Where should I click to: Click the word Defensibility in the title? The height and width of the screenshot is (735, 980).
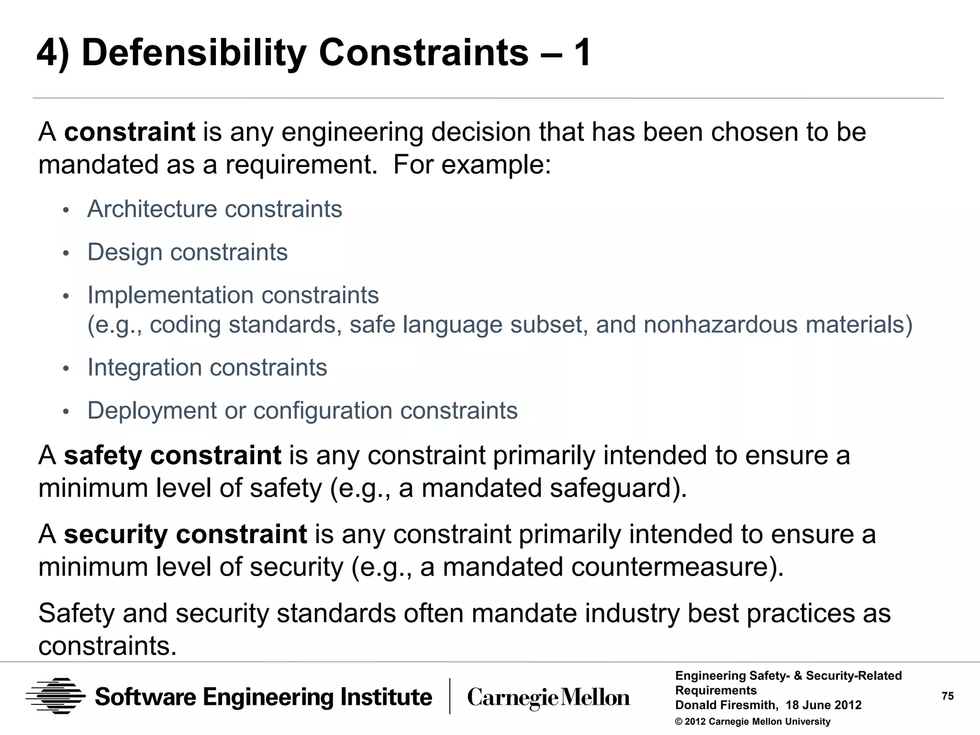(x=194, y=53)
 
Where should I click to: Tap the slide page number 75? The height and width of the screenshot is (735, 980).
(x=947, y=696)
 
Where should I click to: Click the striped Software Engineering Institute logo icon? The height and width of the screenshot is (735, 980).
(x=56, y=696)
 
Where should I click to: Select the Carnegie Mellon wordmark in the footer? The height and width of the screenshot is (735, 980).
(x=548, y=698)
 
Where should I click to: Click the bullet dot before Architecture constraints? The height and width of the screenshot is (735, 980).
(x=66, y=211)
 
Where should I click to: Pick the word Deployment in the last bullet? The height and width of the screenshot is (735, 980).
(x=152, y=411)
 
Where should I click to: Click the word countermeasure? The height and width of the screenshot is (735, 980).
(x=670, y=567)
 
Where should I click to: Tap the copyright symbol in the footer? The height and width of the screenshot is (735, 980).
(x=679, y=722)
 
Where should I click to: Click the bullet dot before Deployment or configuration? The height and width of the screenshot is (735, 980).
(x=66, y=412)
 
